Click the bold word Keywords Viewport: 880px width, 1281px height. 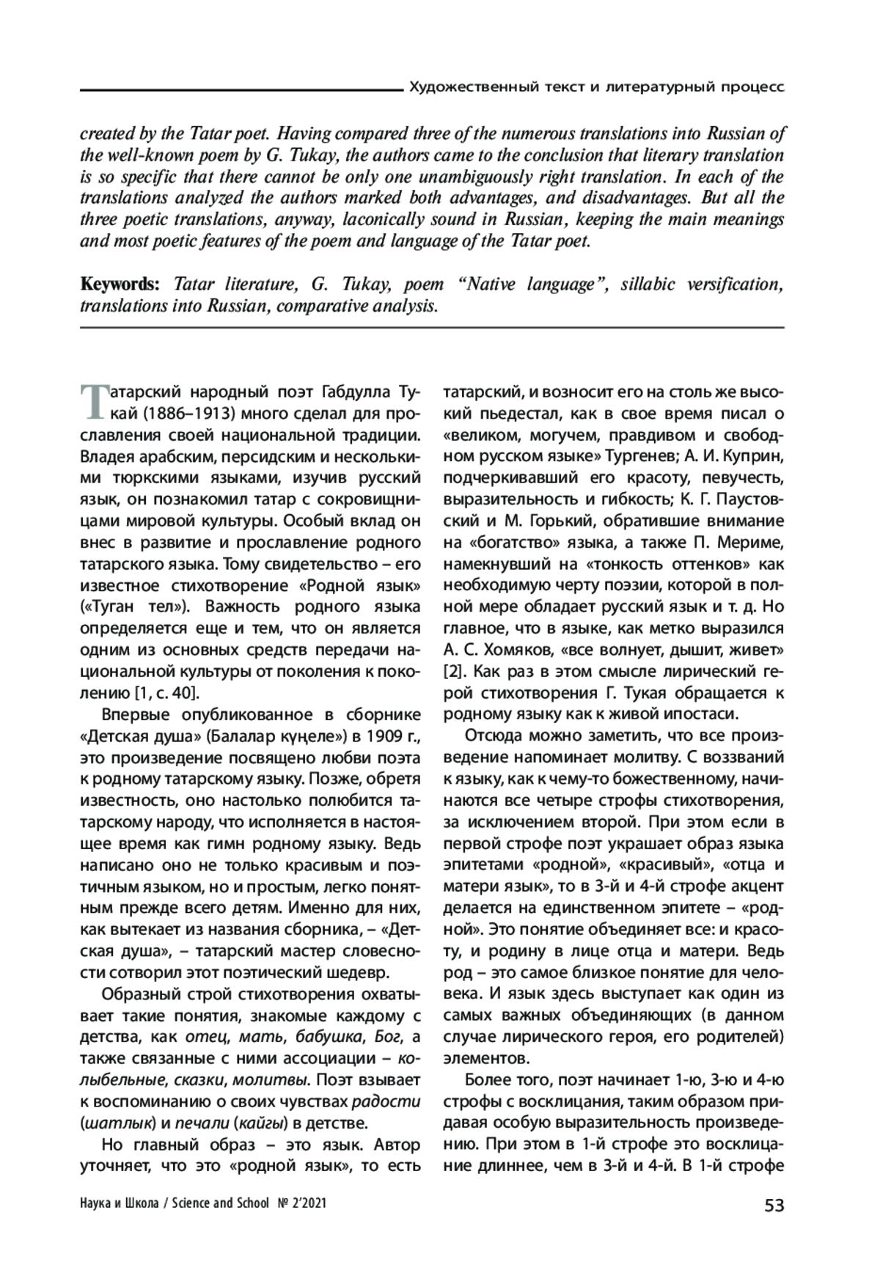click(x=120, y=285)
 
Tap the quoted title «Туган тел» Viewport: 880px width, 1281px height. click(x=134, y=606)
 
